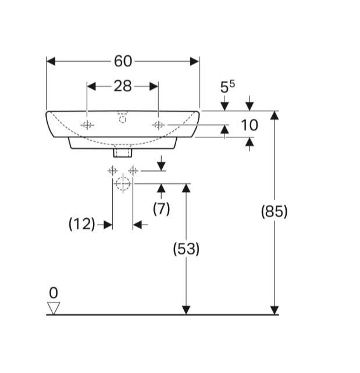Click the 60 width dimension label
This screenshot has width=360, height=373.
pyautogui.click(x=123, y=61)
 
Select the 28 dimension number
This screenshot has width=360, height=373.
pyautogui.click(x=123, y=86)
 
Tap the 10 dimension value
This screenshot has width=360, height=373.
pyautogui.click(x=249, y=125)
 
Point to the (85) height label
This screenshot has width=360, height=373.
pyautogui.click(x=274, y=211)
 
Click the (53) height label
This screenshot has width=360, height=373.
pyautogui.click(x=186, y=249)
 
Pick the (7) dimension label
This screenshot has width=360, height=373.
pyautogui.click(x=161, y=209)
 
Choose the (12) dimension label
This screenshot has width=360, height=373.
pyautogui.click(x=82, y=224)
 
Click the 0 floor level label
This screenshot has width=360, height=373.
pyautogui.click(x=54, y=293)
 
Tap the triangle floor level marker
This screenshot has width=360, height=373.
pyautogui.click(x=54, y=308)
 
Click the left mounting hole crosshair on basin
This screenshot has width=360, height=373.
pyautogui.click(x=87, y=125)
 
